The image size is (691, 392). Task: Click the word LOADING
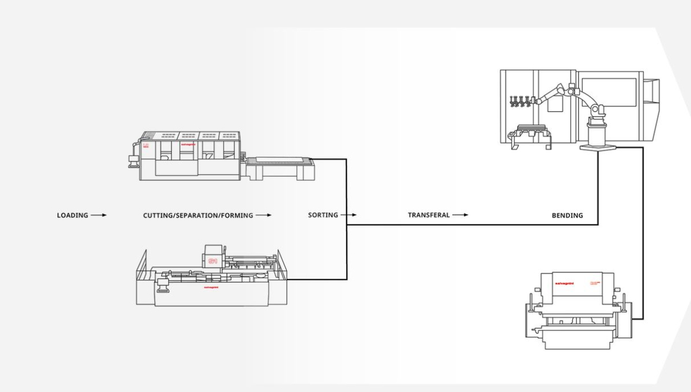(x=73, y=215)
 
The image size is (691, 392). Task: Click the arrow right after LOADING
(x=98, y=215)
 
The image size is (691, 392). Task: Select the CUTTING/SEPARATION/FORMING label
(x=198, y=215)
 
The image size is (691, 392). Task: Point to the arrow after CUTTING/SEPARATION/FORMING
(x=263, y=215)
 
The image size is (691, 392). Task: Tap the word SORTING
(x=323, y=215)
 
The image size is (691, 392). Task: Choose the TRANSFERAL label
(x=428, y=215)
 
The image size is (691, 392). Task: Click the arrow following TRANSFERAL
(x=460, y=215)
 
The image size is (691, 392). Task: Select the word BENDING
(x=567, y=215)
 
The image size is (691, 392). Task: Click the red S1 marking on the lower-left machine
(x=212, y=262)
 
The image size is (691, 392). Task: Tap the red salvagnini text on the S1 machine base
(x=211, y=287)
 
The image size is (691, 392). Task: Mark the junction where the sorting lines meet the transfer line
(x=347, y=224)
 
